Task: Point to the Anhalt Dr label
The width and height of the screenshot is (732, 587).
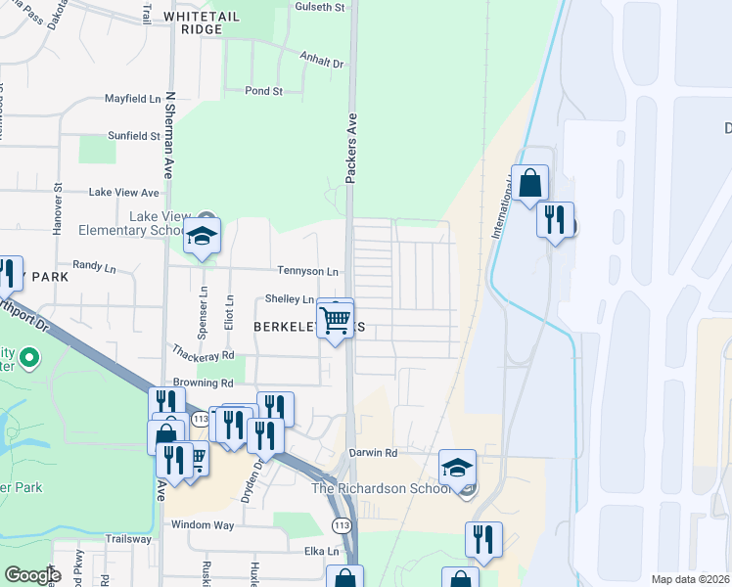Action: coord(322,63)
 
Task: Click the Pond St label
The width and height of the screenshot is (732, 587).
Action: coord(263,91)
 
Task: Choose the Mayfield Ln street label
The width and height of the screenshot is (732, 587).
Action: coord(133,99)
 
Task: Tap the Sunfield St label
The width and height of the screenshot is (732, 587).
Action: coord(134,136)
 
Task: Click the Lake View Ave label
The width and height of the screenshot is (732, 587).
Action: coord(123,193)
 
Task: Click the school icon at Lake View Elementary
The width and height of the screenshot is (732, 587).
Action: coord(203,237)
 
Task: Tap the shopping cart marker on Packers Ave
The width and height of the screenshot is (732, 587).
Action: coord(335,319)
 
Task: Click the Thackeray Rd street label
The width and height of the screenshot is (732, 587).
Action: coord(203,355)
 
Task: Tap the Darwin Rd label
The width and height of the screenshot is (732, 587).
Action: coord(373,453)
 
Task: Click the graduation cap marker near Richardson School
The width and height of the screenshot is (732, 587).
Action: coord(457,468)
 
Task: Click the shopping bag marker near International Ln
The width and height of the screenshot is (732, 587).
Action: coord(529,183)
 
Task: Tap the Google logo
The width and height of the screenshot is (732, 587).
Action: coord(32,575)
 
